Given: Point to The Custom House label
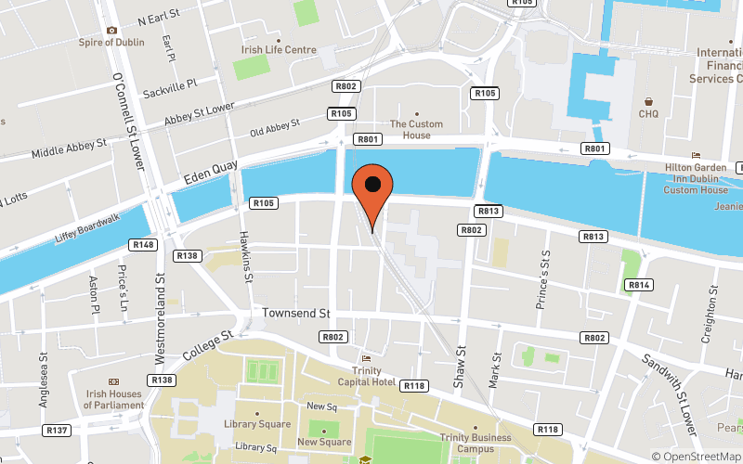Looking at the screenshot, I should click(416, 130).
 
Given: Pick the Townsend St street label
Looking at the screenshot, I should click(296, 314).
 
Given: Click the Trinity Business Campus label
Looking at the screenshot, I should click(476, 444).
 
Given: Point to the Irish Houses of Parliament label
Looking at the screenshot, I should click(114, 399).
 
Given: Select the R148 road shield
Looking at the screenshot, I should click(145, 244).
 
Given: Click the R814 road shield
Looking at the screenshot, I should click(638, 284).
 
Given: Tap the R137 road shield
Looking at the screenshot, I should click(58, 430).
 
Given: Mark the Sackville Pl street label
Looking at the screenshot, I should click(171, 89).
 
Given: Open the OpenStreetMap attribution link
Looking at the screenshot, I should click(696, 456).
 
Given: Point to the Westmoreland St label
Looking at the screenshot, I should click(160, 302).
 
